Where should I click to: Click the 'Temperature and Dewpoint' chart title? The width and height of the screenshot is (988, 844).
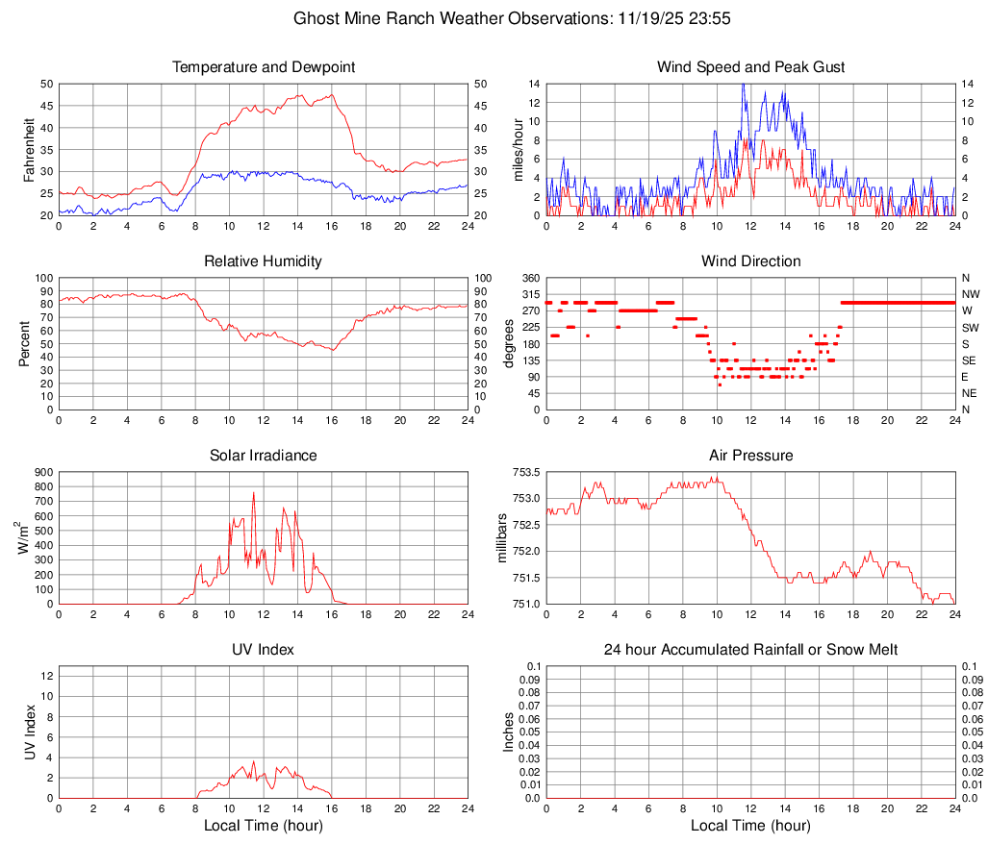263,67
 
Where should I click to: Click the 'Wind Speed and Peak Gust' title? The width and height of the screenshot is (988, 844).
750,67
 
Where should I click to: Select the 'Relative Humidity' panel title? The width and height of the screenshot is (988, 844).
263,261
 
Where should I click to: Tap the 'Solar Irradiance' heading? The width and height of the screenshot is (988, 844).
263,455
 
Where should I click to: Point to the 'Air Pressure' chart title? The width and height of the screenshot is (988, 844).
750,455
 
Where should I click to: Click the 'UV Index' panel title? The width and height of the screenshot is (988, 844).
263,650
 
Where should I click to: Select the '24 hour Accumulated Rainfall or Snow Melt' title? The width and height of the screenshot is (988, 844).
750,650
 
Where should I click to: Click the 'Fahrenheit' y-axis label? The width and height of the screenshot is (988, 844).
29,149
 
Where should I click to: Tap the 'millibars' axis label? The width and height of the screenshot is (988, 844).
501,538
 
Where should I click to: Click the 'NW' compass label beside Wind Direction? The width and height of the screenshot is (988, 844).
970,294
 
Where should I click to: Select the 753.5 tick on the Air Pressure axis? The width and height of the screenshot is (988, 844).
524,472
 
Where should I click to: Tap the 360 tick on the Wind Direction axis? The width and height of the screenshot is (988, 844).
530,278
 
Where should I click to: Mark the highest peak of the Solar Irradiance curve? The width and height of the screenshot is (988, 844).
254,493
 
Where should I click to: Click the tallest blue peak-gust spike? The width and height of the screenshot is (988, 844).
743,85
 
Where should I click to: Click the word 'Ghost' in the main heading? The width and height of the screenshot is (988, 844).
317,18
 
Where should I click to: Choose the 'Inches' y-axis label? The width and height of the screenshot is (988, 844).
509,732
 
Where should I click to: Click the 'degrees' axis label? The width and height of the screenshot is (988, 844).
509,343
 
